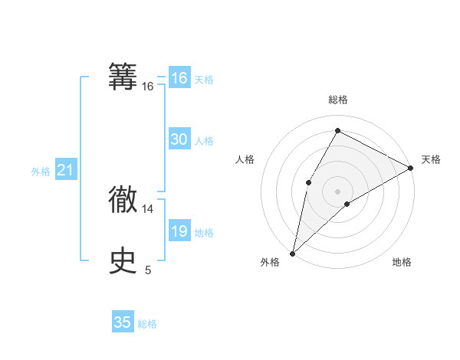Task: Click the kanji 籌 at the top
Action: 123,77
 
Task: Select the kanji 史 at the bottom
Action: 123,261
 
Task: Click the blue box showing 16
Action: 179,78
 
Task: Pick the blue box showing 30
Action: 179,139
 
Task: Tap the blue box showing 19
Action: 179,231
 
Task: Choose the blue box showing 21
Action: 65,170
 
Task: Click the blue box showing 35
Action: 123,322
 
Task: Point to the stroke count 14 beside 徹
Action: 148,208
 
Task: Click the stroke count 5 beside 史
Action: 148,270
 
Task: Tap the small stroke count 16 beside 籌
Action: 148,87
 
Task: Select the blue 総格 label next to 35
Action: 147,324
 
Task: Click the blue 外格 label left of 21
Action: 41,172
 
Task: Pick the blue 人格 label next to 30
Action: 204,141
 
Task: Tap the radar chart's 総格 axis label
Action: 337,100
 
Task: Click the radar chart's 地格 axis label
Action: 402,263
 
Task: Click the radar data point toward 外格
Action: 292,253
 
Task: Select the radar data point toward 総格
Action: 337,130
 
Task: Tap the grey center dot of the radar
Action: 337,191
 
